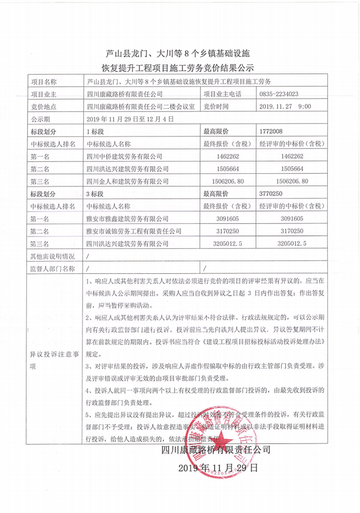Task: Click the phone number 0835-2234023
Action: [279, 94]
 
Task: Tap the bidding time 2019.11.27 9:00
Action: [286, 107]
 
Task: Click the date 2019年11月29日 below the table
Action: [218, 468]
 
